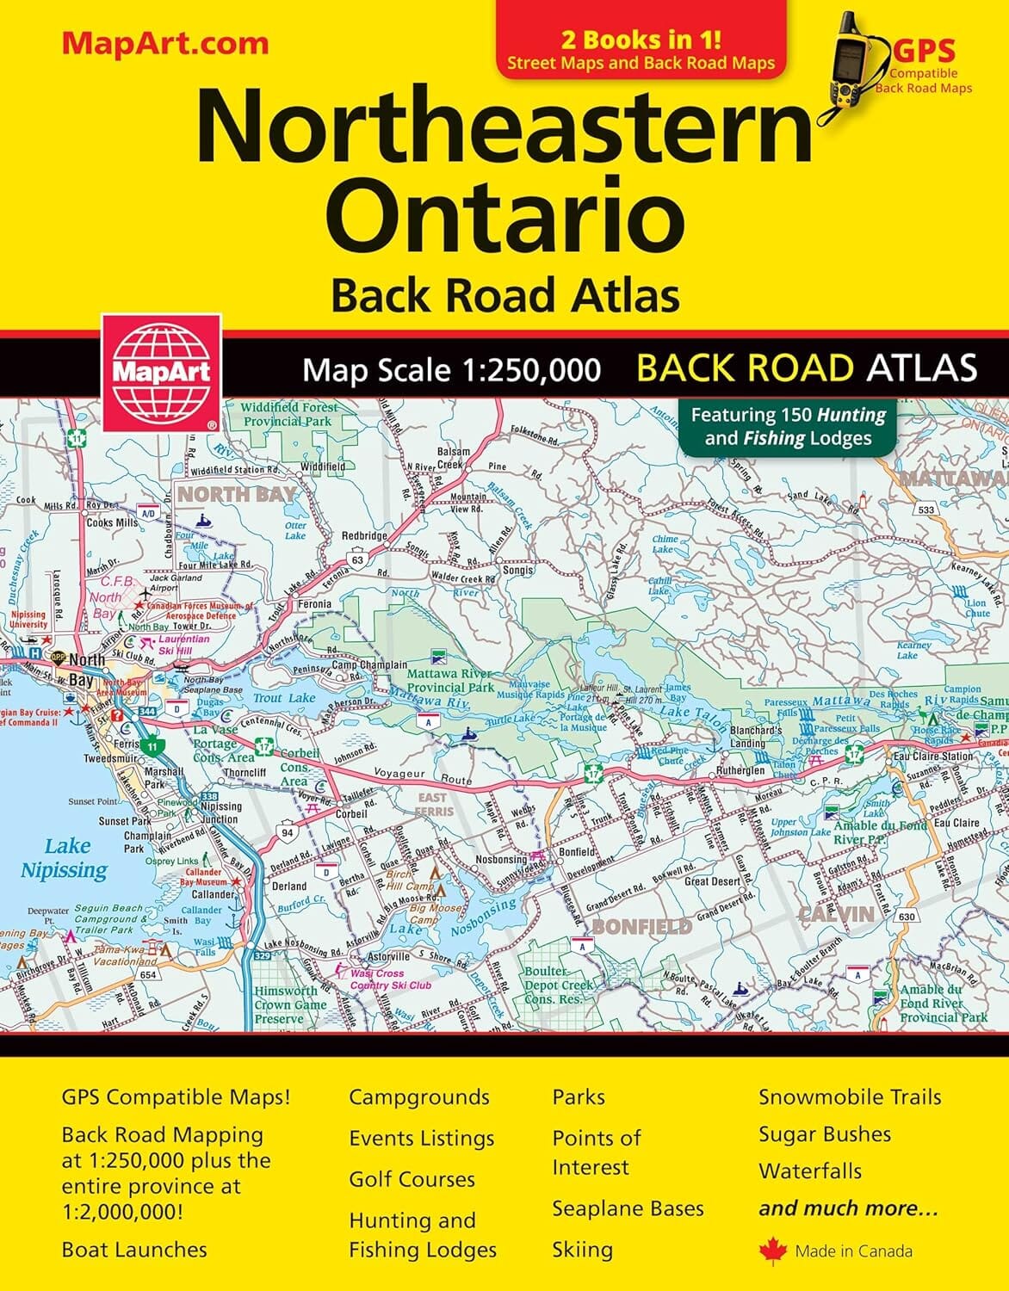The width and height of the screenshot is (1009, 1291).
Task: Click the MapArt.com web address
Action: [x=164, y=44]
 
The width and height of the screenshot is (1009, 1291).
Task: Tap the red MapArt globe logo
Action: [x=161, y=371]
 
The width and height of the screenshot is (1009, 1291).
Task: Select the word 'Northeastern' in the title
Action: [x=504, y=127]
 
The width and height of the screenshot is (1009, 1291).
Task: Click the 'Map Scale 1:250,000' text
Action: [x=451, y=370]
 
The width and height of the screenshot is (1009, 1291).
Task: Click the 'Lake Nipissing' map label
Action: [x=65, y=857]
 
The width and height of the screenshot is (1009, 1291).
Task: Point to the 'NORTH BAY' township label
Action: [x=237, y=495]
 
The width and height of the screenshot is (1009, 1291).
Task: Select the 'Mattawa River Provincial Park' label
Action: [x=450, y=680]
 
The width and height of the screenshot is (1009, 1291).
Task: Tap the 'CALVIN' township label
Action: [x=836, y=913]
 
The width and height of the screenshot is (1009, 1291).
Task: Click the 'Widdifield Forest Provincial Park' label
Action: [x=287, y=414]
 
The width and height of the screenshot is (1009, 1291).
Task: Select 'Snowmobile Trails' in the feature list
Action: [x=849, y=1096]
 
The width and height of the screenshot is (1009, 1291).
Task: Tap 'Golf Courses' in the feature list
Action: [x=412, y=1179]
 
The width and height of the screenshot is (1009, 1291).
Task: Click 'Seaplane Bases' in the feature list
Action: [x=628, y=1208]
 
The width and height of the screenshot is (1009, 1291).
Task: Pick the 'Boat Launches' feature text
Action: [x=134, y=1249]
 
